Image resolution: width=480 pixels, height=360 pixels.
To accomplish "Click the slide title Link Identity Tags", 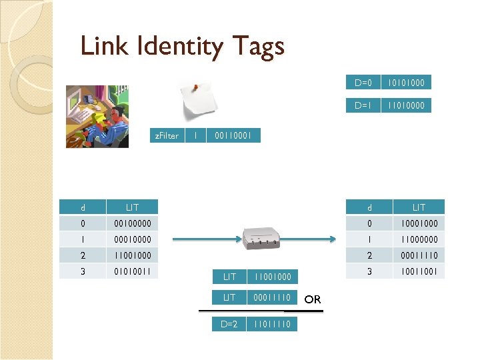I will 182,47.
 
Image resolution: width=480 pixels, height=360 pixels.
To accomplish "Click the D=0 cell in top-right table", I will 363,83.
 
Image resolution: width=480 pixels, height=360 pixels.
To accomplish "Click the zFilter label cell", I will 166,135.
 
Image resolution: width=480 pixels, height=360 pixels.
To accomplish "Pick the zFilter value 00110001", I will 233,135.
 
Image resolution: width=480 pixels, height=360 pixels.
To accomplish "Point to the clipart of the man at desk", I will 97,115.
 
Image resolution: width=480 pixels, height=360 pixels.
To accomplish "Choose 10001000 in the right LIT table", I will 419,223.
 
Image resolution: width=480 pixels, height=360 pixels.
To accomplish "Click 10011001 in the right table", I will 419,271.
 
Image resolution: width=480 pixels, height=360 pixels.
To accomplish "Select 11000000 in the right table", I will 419,239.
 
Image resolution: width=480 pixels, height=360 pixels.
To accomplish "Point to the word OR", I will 313,299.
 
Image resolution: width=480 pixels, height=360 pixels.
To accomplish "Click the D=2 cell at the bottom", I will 229,324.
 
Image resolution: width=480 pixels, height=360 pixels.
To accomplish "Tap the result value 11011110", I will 272,324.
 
